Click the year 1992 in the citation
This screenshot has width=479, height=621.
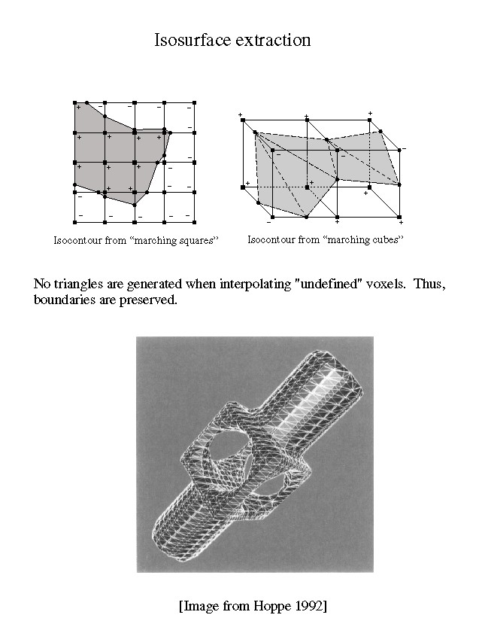[x=308, y=604]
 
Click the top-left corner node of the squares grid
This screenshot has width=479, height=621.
[x=75, y=102]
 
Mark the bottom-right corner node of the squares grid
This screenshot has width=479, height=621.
[x=194, y=221]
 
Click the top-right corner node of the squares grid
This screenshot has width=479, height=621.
[x=194, y=102]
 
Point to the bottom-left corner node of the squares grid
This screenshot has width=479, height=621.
[x=75, y=221]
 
